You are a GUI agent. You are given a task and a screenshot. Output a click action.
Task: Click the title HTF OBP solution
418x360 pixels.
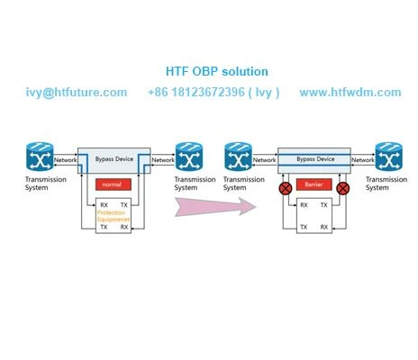pos(217,71)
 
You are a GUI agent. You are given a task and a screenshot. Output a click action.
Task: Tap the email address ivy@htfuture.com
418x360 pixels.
pos(77,93)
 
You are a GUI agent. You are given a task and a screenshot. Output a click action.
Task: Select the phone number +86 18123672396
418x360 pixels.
pos(196,92)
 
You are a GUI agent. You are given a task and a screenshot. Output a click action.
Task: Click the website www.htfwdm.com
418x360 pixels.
pos(350,92)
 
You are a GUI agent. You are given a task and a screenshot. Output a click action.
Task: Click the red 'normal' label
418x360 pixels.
pos(114,184)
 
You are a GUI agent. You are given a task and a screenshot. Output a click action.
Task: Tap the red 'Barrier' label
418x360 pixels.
pos(313,184)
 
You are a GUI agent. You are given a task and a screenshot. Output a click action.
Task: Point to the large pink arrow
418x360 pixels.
pos(215,206)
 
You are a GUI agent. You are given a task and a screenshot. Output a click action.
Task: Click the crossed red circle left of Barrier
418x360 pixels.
pos(286,188)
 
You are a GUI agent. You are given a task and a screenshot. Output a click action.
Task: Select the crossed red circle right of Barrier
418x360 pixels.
pos(342,188)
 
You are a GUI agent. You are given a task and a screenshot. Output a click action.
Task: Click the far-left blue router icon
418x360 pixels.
pos(40,157)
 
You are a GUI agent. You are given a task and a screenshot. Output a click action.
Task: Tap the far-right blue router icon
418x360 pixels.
pos(389,157)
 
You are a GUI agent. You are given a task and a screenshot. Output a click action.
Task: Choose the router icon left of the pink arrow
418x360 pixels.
pos(189,157)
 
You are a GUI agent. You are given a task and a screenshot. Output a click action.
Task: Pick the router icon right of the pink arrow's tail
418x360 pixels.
pos(238,157)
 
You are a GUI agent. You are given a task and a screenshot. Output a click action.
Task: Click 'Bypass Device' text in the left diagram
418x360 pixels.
pos(114,159)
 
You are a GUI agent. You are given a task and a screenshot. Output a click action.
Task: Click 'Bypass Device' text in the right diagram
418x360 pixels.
pos(315,159)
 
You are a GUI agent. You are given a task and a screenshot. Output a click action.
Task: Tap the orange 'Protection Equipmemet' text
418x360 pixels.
pos(114,216)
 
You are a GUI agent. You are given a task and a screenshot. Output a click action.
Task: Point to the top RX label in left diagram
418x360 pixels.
pos(104,205)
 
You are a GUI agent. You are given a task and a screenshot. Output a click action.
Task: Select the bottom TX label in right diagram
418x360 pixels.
pos(304,227)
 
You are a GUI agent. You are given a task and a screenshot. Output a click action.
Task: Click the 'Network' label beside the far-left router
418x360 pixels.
pos(65,160)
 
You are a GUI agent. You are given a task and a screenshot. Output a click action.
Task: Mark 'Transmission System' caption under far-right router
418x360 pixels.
pos(386,184)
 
